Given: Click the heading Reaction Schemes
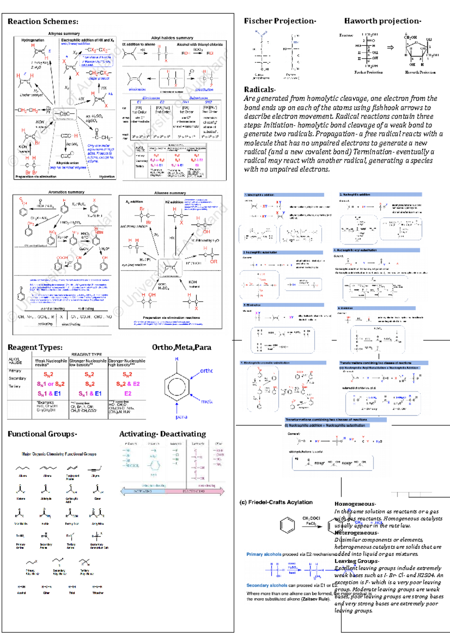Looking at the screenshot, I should click(43, 21).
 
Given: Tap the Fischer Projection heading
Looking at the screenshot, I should click(279, 21).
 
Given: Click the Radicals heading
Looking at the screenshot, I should click(259, 89).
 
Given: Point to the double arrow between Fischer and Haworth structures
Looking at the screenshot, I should click(390, 48).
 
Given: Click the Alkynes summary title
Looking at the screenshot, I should click(64, 33).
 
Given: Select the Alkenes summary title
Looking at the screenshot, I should click(170, 193).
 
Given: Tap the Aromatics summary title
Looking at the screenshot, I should click(66, 192).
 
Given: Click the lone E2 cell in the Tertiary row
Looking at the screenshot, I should click(127, 394).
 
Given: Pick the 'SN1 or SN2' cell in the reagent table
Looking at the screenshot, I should click(51, 384).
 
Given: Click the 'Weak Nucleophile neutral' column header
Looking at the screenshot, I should click(51, 362).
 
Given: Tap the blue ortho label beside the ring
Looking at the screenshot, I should click(206, 371).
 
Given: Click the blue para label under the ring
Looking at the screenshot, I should click(181, 417).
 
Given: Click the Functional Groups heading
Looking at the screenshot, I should click(42, 434).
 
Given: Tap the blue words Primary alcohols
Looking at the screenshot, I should click(264, 554).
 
